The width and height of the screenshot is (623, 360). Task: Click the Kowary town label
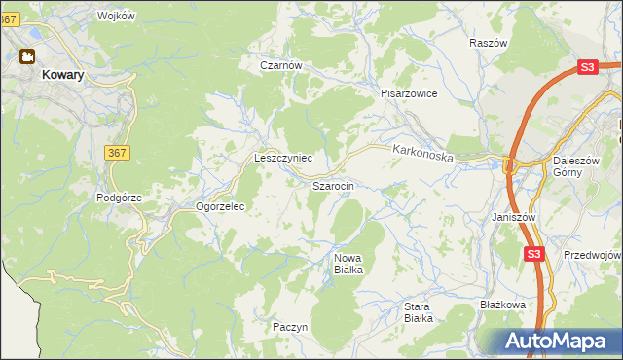(61, 73)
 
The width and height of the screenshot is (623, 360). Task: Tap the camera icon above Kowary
(27, 56)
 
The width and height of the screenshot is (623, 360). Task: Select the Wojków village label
(116, 17)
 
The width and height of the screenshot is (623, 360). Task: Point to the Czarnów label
(281, 66)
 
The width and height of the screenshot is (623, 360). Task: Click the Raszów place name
(488, 44)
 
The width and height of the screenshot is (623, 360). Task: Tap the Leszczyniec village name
(282, 157)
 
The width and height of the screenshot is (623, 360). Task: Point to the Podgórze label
(119, 197)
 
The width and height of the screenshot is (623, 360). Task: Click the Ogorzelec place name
(219, 206)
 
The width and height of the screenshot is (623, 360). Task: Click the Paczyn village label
(290, 327)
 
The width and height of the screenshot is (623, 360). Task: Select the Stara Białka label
(418, 311)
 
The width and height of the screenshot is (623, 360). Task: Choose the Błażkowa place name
(502, 305)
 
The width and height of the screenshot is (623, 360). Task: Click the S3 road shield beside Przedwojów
(532, 254)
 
